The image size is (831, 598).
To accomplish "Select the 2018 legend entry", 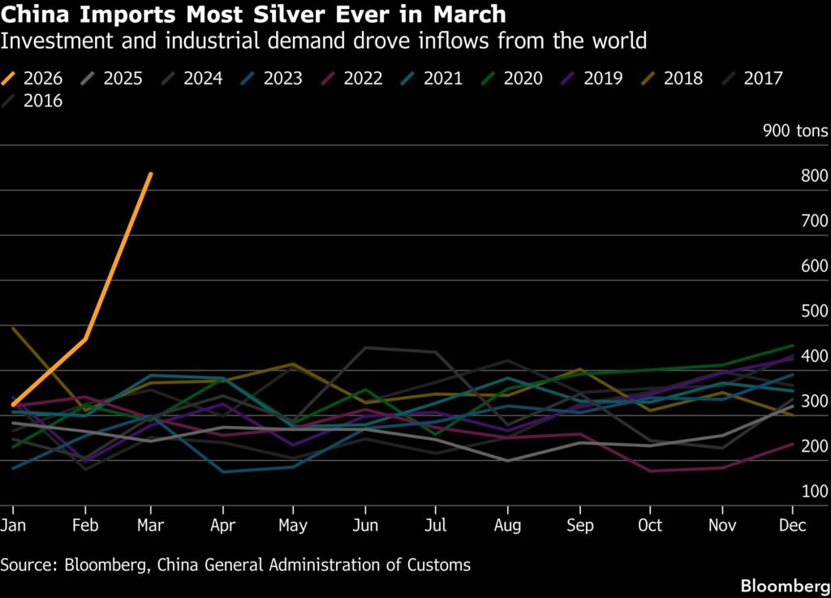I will pos(674,79).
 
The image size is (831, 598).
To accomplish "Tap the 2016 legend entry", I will pos(36,101).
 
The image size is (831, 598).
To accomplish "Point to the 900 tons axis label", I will pos(795,131).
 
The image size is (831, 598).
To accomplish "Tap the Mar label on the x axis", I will pos(151,526).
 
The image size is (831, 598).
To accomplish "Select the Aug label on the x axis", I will pos(508,526).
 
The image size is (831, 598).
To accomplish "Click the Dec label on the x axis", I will pos(793,526).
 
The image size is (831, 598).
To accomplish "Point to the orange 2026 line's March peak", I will pos(151,174).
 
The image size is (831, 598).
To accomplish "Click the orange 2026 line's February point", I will pos(85,339).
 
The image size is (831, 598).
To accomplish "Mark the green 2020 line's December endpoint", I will pos(793,346).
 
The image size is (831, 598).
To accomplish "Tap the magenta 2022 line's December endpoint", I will pos(793,444).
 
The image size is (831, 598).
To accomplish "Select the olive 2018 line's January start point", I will pos(14,329).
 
